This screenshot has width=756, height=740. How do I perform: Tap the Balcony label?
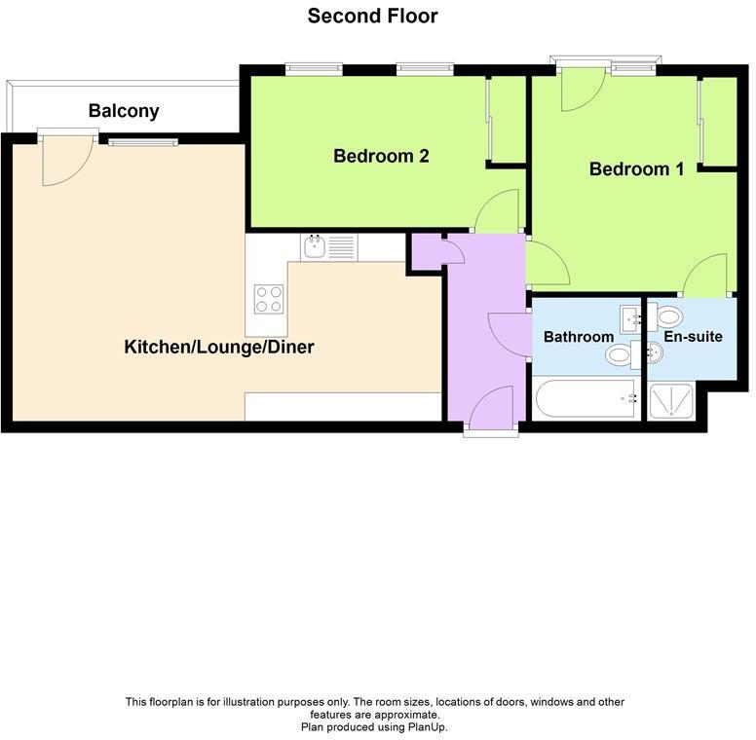(123, 111)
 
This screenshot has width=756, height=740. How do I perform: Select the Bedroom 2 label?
(381, 156)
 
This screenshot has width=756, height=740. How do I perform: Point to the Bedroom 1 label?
(636, 168)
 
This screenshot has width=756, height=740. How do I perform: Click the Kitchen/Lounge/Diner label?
(219, 347)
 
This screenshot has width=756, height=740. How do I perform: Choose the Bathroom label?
(579, 337)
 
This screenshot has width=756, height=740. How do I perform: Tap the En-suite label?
(693, 337)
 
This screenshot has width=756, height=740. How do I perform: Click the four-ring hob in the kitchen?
(268, 298)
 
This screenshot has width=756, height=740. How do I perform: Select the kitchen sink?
(316, 247)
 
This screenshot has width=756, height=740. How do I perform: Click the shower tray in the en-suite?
(671, 399)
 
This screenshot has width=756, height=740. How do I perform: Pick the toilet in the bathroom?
(620, 356)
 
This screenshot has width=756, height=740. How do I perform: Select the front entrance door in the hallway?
(491, 407)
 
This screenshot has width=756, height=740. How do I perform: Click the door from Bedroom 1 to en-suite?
(705, 276)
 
